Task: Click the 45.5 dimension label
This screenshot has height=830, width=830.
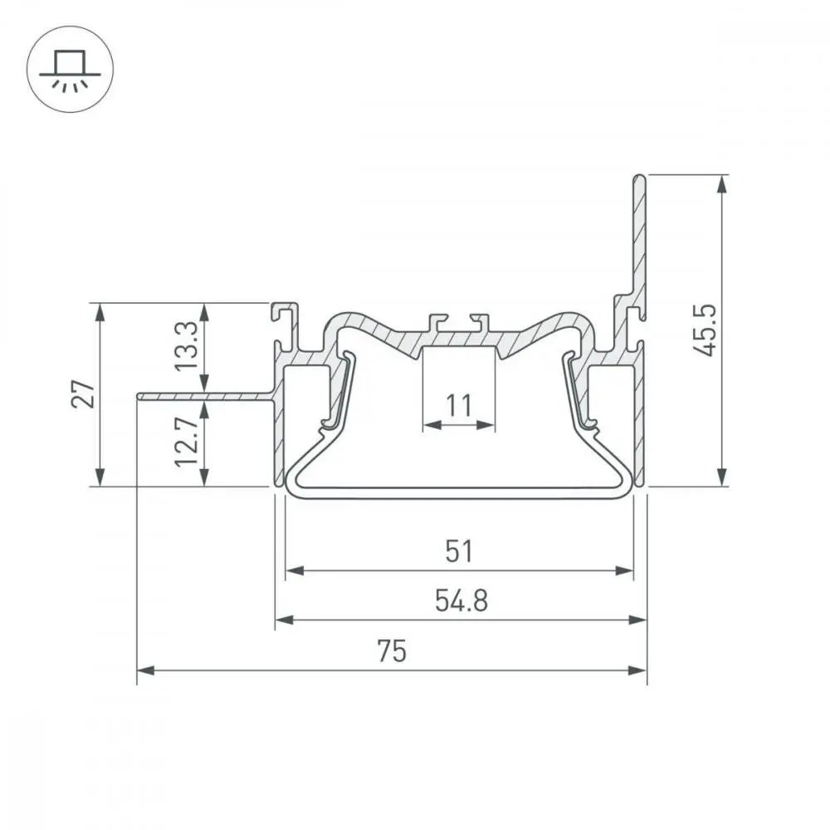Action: [705, 330]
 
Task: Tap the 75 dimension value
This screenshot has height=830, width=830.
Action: [392, 651]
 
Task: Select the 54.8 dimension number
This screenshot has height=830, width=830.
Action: [461, 601]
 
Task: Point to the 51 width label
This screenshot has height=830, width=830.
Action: [459, 551]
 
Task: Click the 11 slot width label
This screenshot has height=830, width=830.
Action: [458, 406]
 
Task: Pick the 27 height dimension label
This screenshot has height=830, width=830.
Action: [83, 393]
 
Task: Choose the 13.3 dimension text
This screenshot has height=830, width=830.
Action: [187, 346]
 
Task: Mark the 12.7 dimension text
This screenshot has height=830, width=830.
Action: [187, 442]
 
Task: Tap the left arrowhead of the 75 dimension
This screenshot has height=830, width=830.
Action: [145, 671]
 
